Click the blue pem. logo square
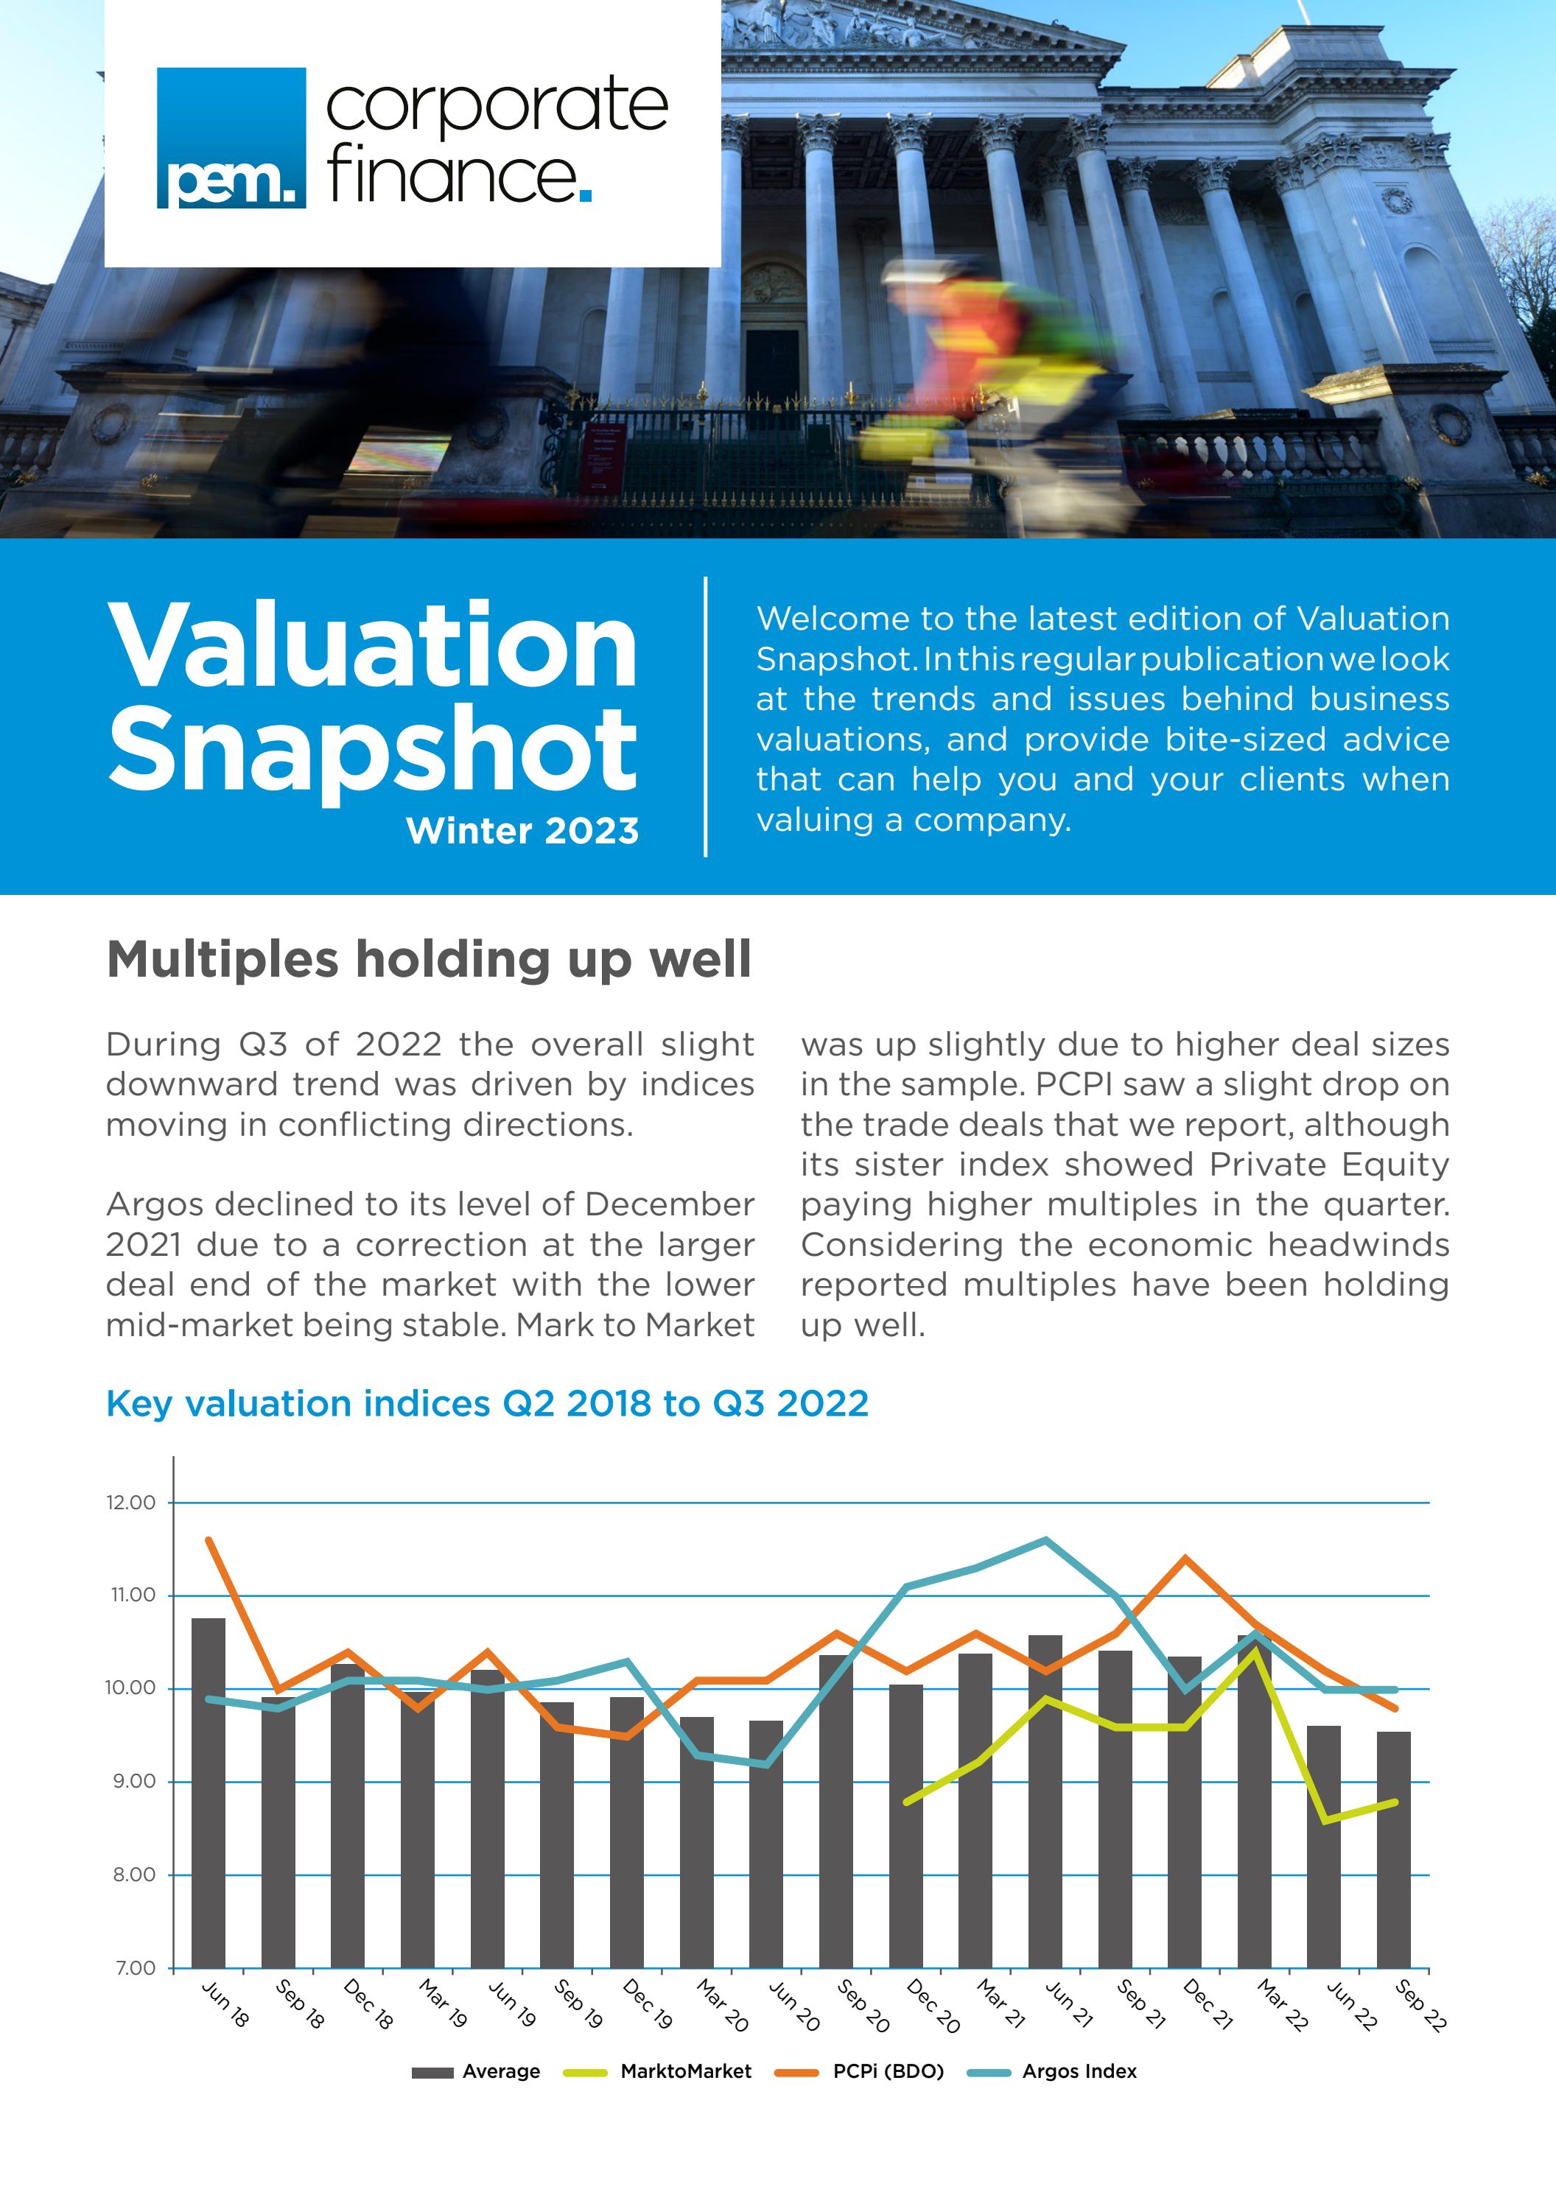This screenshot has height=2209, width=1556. point(231,138)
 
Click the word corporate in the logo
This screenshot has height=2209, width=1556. point(497,106)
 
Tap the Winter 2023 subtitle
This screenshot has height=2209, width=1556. point(522,830)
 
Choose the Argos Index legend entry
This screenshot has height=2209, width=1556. point(1079,2071)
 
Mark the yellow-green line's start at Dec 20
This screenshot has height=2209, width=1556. point(906,1801)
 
